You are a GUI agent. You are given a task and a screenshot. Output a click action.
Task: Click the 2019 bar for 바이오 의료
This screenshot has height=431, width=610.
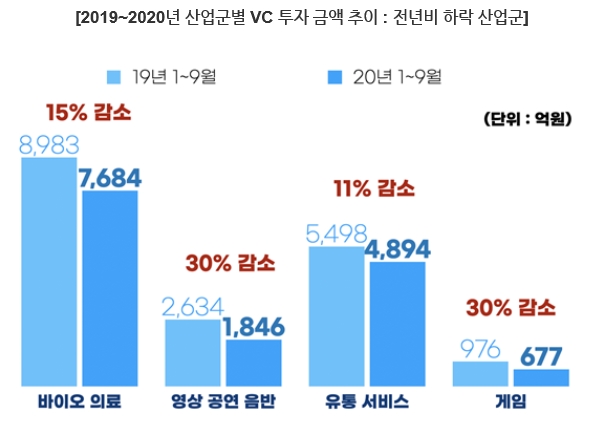point(49,272)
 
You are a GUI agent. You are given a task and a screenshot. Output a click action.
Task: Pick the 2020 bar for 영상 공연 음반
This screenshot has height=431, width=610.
point(253,362)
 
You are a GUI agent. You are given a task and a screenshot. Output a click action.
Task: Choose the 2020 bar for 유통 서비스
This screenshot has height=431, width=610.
point(397,323)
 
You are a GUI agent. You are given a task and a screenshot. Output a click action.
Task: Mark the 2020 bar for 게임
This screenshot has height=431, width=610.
point(541,377)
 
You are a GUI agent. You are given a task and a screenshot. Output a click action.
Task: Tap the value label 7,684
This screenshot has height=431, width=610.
point(110,178)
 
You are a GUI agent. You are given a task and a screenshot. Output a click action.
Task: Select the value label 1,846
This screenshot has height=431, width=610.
point(253,327)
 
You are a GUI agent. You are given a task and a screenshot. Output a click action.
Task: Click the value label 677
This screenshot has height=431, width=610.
point(541,355)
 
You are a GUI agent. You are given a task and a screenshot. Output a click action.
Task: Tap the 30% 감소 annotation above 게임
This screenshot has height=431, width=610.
point(510,306)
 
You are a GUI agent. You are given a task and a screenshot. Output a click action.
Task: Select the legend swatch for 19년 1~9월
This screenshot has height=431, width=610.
point(114,76)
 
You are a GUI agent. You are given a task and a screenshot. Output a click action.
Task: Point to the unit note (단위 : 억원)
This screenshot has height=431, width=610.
point(526,119)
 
